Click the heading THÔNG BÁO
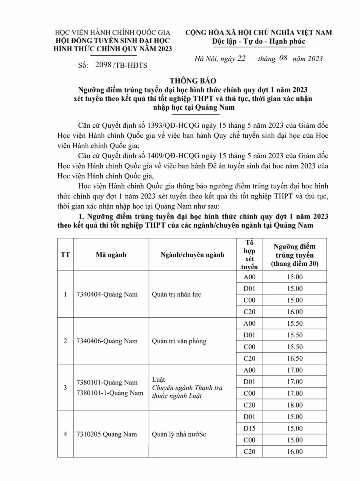[180, 80]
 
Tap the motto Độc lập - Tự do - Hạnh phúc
[258, 42]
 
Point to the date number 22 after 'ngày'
[241, 59]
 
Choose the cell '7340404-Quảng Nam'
[107, 295]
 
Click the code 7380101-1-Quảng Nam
[110, 393]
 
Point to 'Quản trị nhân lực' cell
[176, 295]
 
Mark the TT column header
[65, 255]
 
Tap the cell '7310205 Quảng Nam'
[106, 435]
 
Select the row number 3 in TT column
[65, 388]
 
